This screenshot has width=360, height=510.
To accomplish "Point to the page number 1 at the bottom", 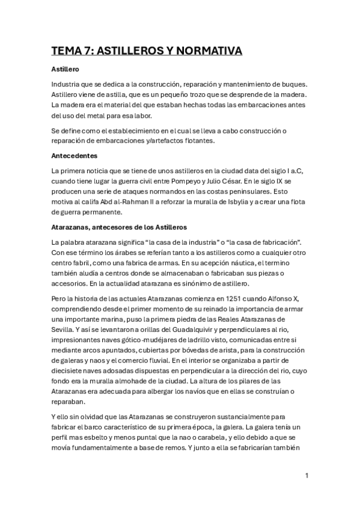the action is pos(307,476).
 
